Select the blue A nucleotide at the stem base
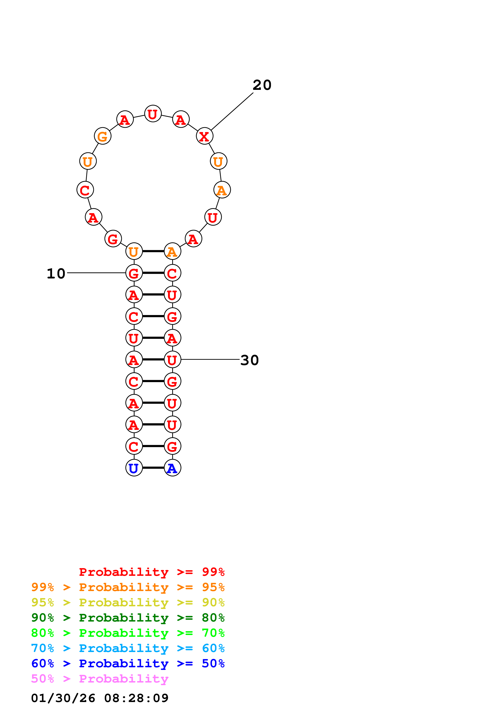point(173,468)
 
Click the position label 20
point(262,85)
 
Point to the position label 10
point(56,274)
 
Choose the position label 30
point(250,360)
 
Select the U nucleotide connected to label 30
point(173,360)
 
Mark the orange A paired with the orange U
point(173,251)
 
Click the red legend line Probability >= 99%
point(152,572)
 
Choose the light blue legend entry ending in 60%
point(128,648)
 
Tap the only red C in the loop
point(85,190)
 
